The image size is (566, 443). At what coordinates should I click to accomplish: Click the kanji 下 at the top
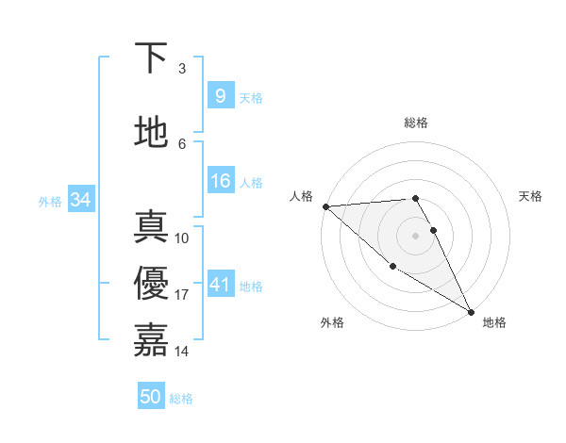coord(151,59)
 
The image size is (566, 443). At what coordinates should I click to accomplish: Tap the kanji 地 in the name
coord(151,133)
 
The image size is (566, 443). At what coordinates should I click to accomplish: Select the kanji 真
coord(151,228)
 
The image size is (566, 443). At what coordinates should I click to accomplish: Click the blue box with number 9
coord(220,96)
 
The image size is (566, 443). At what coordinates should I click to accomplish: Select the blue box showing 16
coord(220,181)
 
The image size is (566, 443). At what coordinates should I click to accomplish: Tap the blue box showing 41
coord(220,285)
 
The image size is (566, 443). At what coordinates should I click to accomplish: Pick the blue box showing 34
coord(80,200)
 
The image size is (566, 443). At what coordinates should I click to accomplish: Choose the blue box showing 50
coord(151,397)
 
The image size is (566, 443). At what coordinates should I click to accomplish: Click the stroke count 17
coord(182,295)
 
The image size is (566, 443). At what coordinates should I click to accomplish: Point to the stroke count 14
coord(182,352)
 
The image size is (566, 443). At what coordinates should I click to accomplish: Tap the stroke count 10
coord(182,238)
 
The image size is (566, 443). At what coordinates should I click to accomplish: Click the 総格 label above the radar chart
coord(415,123)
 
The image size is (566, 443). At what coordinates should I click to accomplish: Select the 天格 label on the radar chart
coord(531,196)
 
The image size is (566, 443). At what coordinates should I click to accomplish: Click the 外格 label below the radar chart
coord(332,322)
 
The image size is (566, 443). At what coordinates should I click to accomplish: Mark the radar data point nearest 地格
coord(471,311)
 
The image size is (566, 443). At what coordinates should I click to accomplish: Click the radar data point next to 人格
coord(325,206)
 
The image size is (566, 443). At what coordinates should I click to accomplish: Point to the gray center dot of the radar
coord(415,236)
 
